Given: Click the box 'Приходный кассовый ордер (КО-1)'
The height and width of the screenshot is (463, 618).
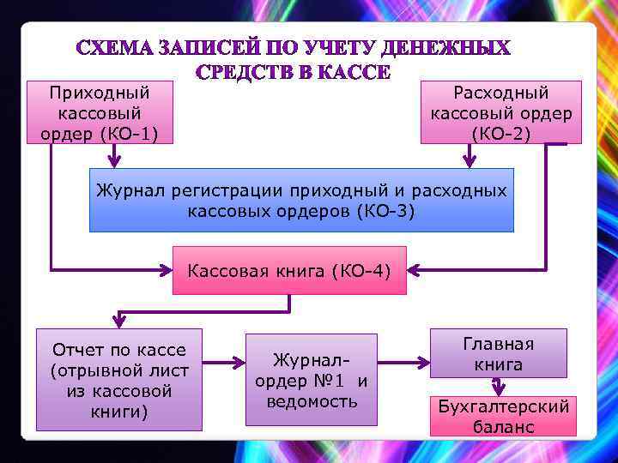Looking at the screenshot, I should [x=100, y=112].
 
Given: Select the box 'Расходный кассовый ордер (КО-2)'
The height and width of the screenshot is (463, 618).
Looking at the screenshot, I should [x=501, y=112].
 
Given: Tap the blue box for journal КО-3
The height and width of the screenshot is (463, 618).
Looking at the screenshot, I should [x=301, y=201].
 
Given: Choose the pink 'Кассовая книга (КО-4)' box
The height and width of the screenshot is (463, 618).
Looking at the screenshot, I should [x=289, y=272].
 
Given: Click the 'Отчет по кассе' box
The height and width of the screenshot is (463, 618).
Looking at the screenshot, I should [x=119, y=380].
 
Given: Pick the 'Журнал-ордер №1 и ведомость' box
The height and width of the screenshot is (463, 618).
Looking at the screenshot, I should [x=312, y=380].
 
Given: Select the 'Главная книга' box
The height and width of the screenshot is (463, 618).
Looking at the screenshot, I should [x=498, y=353].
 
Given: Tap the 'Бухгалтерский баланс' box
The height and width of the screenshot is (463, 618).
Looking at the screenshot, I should [x=504, y=416].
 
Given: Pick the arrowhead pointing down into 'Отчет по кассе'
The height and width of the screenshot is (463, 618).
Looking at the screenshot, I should [x=119, y=322].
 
